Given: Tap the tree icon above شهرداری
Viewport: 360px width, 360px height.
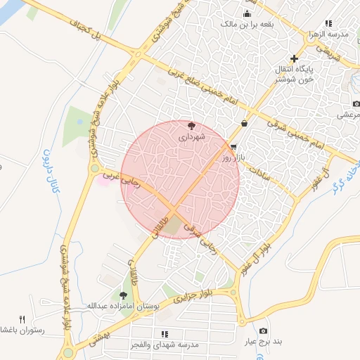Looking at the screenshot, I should tap(193, 124).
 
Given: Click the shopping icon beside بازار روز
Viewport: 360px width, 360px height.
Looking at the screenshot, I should tap(233, 148).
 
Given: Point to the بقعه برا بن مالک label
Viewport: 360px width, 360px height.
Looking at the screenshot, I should tap(247, 24).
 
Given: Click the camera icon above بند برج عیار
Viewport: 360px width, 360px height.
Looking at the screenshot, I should tap(263, 330).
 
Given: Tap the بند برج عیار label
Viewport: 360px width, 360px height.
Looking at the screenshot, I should tap(268, 342).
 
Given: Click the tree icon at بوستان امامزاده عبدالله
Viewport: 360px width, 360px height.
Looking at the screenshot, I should tap(124, 296).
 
